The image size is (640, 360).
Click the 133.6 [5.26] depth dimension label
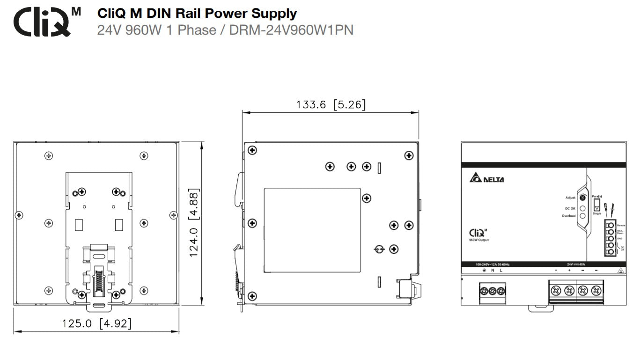tap(331, 104)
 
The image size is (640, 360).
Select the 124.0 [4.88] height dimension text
tap(194, 222)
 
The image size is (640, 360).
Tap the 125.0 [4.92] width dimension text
tap(96, 323)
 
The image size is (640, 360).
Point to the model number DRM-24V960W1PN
tap(291, 30)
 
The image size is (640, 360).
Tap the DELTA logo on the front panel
tap(486, 179)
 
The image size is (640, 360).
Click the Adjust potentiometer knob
tap(583, 198)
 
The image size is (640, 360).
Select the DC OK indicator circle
tap(583, 208)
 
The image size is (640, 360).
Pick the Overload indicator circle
tap(583, 216)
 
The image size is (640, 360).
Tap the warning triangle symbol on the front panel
tap(620, 270)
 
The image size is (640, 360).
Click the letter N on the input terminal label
tap(493, 271)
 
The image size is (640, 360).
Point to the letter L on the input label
tap(500, 271)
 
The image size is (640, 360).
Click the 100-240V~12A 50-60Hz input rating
tap(492, 264)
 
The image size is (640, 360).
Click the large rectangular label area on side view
tap(312, 230)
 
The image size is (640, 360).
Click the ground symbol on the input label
tap(484, 271)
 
